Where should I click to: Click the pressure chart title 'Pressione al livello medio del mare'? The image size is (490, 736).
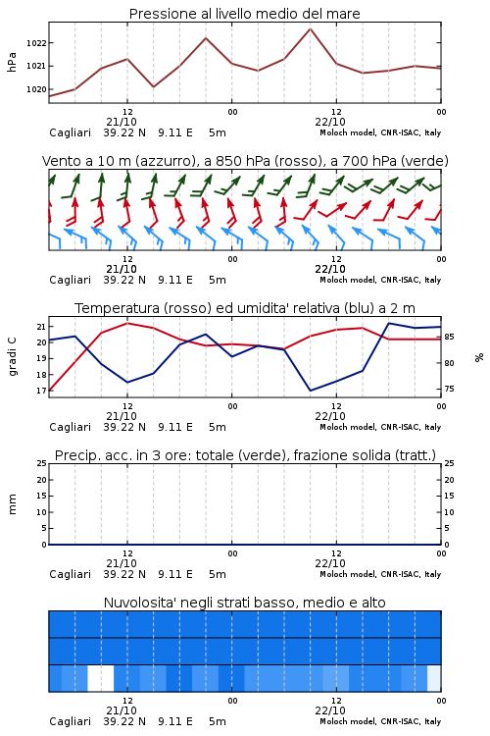[x=244, y=14]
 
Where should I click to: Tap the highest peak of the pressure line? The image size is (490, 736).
[x=310, y=29]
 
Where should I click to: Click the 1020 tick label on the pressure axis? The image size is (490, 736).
[x=36, y=89]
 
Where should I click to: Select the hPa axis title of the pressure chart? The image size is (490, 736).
[x=12, y=62]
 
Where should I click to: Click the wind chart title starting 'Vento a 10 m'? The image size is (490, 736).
[x=245, y=161]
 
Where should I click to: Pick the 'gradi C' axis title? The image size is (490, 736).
[x=12, y=357]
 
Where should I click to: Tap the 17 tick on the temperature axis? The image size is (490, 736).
[x=41, y=391]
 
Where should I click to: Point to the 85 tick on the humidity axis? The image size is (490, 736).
[x=449, y=337]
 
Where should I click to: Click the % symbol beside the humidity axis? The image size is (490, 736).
[x=479, y=357]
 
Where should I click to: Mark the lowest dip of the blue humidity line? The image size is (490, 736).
[x=310, y=391]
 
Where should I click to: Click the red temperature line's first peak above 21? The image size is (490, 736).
[x=127, y=323]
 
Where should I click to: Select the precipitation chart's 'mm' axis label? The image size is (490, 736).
[x=12, y=504]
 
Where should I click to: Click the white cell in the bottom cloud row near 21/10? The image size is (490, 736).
[x=101, y=678]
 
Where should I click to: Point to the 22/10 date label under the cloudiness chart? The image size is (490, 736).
[x=330, y=710]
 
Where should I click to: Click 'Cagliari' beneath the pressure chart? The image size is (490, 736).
[x=70, y=132]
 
